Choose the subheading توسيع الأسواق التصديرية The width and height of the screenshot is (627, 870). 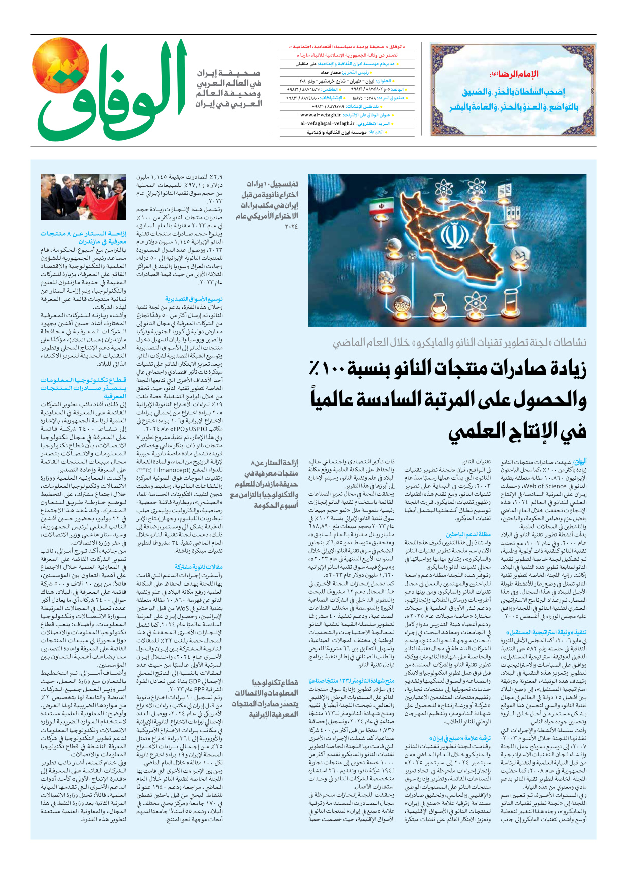[194, 299]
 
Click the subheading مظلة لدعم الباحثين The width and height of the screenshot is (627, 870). [468, 534]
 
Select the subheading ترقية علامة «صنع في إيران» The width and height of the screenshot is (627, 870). [460, 738]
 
